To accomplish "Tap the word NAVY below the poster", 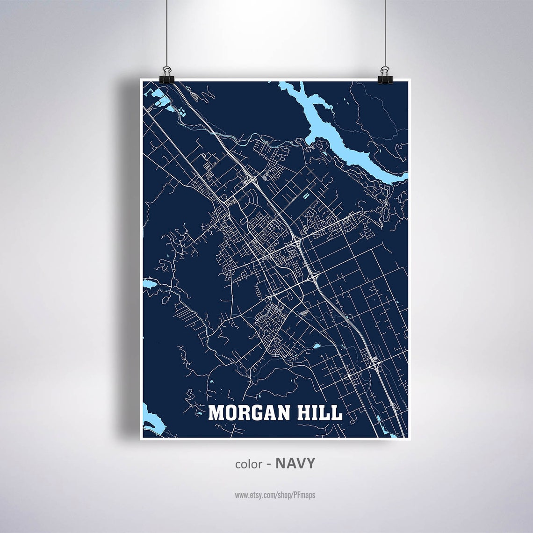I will point(295,463).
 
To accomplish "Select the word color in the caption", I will point(248,464).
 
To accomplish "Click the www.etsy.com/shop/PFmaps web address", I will point(274,495).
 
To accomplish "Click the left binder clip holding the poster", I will point(166,76).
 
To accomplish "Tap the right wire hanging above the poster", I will point(386,33).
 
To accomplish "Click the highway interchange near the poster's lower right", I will point(374,362).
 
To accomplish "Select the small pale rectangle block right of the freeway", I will point(306,195).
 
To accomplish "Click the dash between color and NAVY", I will point(269,464).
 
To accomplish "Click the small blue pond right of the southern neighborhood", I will point(317,346).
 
